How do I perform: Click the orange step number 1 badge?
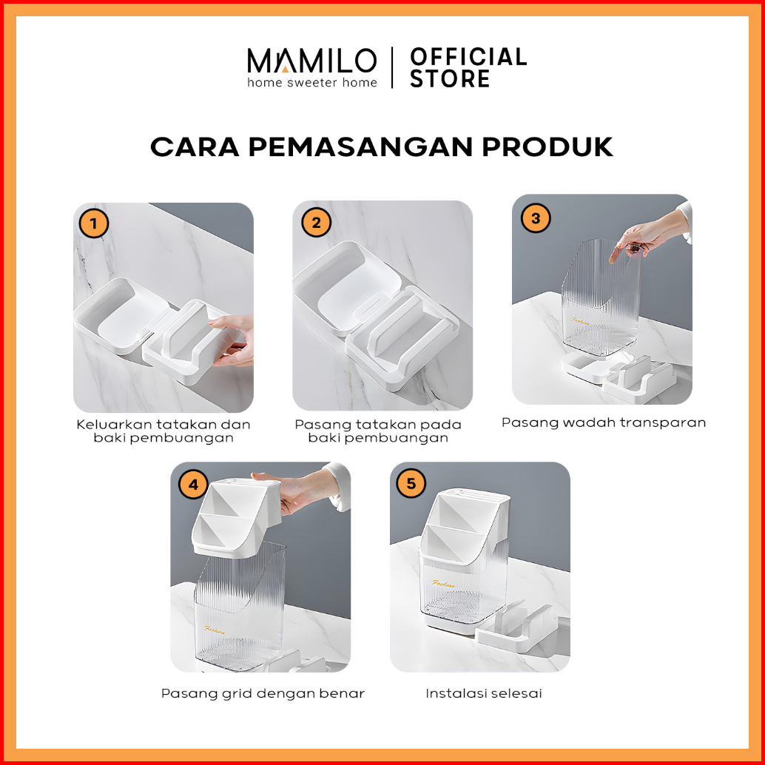tap(93, 223)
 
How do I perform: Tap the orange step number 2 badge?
tap(316, 223)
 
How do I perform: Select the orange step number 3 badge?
tap(535, 218)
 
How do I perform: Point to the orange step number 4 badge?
tap(194, 485)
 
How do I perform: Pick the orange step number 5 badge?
tap(411, 484)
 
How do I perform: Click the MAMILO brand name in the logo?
tap(311, 61)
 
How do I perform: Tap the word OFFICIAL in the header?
tap(468, 56)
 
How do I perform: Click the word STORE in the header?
tap(449, 78)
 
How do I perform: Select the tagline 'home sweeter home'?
tap(311, 82)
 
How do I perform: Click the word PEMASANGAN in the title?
tap(360, 146)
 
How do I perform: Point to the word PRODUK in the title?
tap(547, 146)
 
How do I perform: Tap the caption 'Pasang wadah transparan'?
tap(604, 422)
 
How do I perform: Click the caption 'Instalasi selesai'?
tap(484, 693)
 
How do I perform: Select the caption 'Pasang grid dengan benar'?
tap(263, 694)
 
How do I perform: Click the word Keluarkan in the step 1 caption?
tap(115, 425)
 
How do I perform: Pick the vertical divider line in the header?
tap(392, 67)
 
